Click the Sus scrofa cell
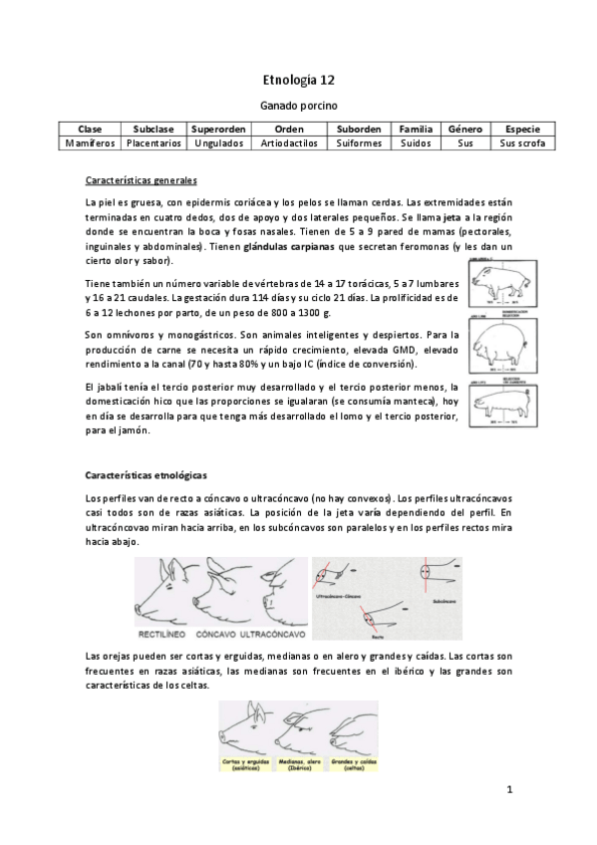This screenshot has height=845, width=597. [x=522, y=142]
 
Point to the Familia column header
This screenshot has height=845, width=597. [x=415, y=129]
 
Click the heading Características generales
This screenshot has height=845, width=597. [x=141, y=180]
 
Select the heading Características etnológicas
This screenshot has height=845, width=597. [x=146, y=475]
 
